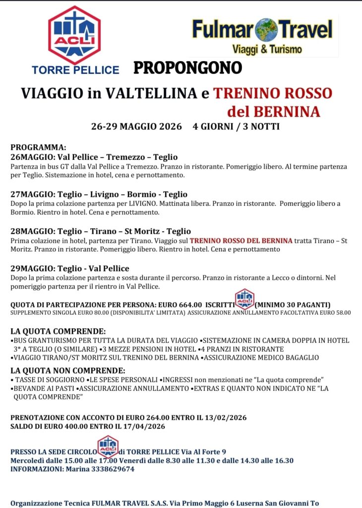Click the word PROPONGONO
coord(187,67)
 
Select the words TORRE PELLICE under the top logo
coord(75,70)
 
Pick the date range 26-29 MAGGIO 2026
coord(136,127)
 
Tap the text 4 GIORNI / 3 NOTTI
coord(236,127)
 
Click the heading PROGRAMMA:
coord(38,147)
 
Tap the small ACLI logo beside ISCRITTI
coord(244,299)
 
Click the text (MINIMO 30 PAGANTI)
coord(293,304)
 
